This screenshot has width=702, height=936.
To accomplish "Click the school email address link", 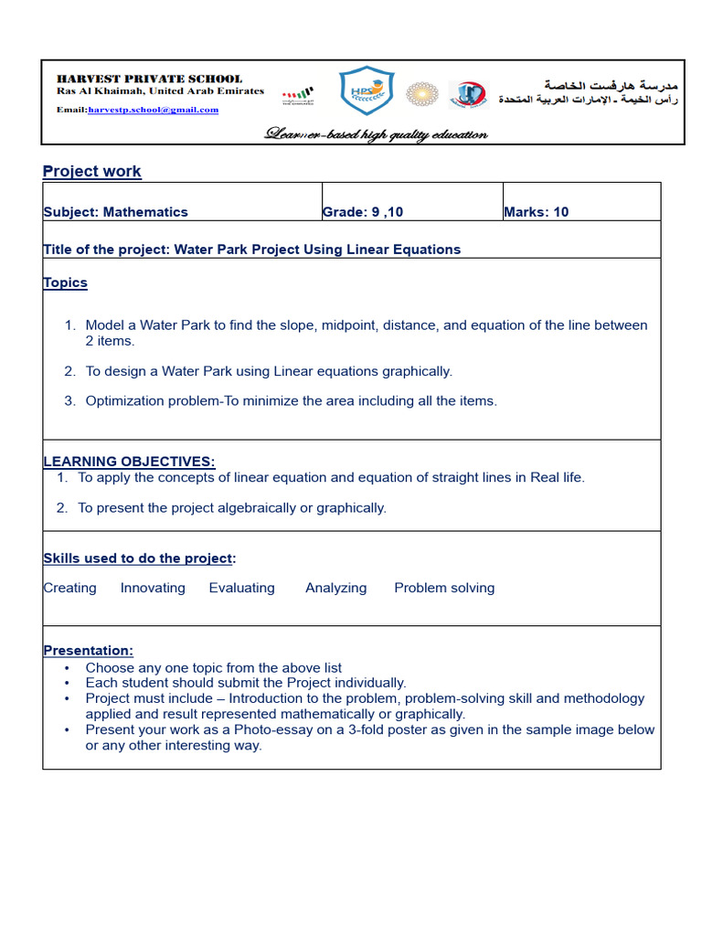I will point(153,110).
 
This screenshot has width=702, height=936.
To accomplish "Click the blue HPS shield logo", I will point(366,92).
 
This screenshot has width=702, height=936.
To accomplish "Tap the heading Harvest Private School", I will point(149,79).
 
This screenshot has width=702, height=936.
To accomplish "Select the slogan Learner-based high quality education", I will point(376,135).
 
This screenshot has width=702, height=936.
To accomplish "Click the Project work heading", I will point(91,172).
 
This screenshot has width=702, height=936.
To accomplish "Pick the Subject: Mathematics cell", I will point(115,212).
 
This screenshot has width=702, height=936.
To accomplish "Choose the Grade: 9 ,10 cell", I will point(363,212).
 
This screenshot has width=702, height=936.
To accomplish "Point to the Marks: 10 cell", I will point(537,212).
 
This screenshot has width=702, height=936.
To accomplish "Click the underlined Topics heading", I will point(65,282).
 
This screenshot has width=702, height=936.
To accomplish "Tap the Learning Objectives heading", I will point(129,462).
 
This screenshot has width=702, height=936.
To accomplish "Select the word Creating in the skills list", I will point(69,588).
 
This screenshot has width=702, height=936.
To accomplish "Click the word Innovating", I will point(153,588).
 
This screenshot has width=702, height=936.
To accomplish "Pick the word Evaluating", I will point(241,588).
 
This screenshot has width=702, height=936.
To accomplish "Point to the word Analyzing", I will point(335,588).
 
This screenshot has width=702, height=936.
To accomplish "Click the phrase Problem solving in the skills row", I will point(444,588).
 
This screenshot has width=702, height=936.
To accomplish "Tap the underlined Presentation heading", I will point(88,650).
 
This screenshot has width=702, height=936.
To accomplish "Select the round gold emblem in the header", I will point(421,93).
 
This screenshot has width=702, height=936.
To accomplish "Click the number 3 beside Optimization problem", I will point(69,401).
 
